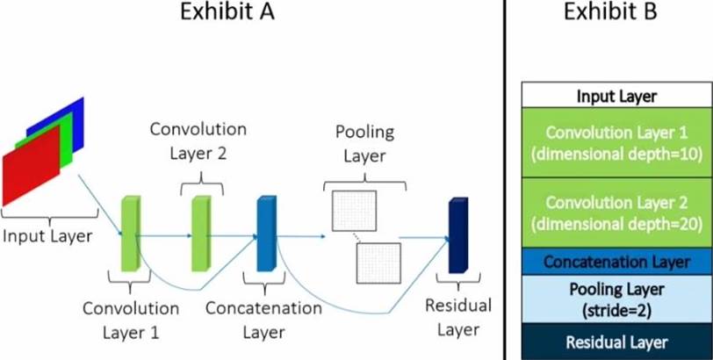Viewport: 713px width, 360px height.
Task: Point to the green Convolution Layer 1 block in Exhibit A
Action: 130,233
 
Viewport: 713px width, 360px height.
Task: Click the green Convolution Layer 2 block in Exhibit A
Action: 201,233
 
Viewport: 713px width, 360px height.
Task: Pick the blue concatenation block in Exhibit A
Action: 265,233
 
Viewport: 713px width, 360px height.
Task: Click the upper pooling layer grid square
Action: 353,211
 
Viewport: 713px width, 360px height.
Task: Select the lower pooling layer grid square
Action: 378,263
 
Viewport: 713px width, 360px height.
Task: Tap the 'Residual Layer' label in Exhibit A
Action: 457,317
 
